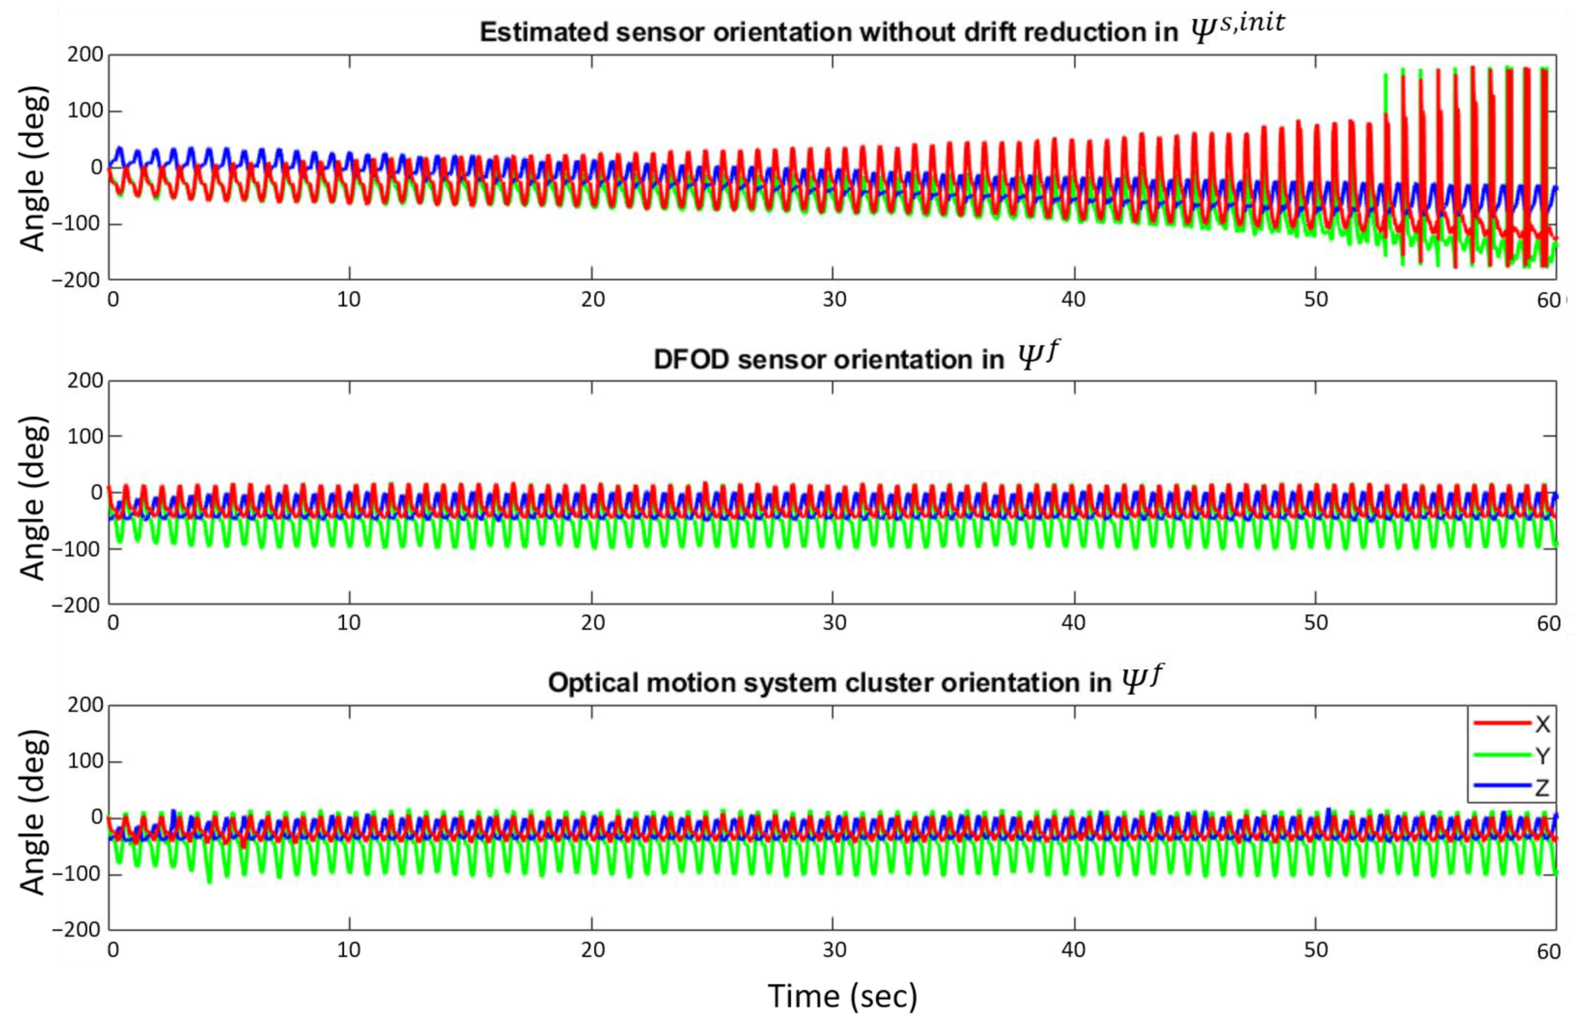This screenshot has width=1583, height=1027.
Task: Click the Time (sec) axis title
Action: coord(842,997)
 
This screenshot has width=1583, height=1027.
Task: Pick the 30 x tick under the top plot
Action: coord(834,300)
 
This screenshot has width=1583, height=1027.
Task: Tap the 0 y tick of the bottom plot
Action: coord(97,817)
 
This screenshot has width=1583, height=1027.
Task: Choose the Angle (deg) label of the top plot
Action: coord(33,170)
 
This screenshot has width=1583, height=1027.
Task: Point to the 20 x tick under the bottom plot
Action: coord(592,949)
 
